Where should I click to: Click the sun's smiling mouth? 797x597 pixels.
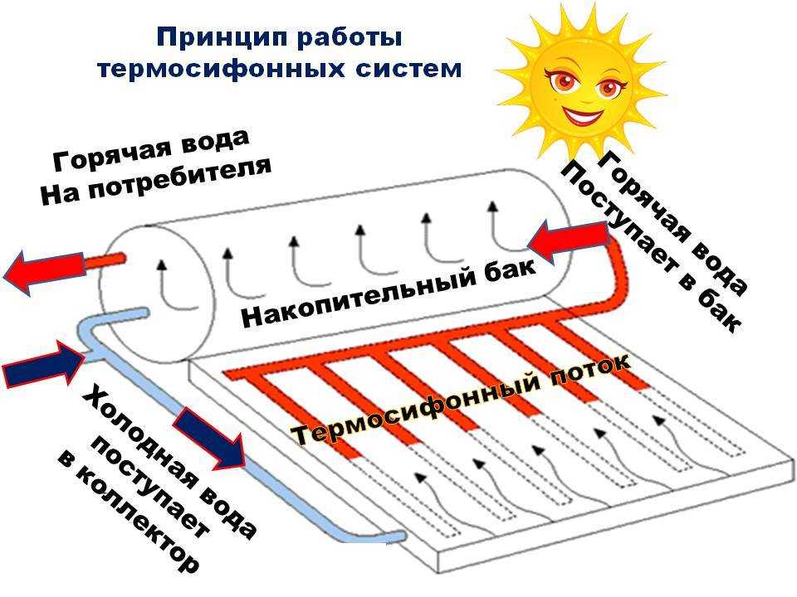[583, 109]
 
